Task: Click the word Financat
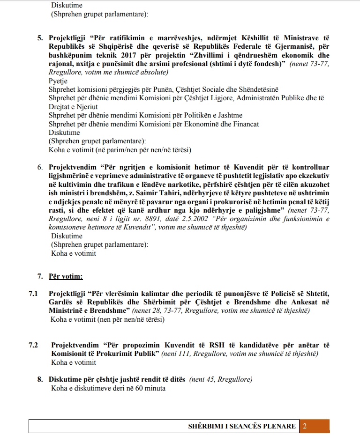pos(243,124)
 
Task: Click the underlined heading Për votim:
pos(66,276)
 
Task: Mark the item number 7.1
pos(33,293)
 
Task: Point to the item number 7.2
pos(33,345)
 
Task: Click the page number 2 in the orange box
pos(305,426)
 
